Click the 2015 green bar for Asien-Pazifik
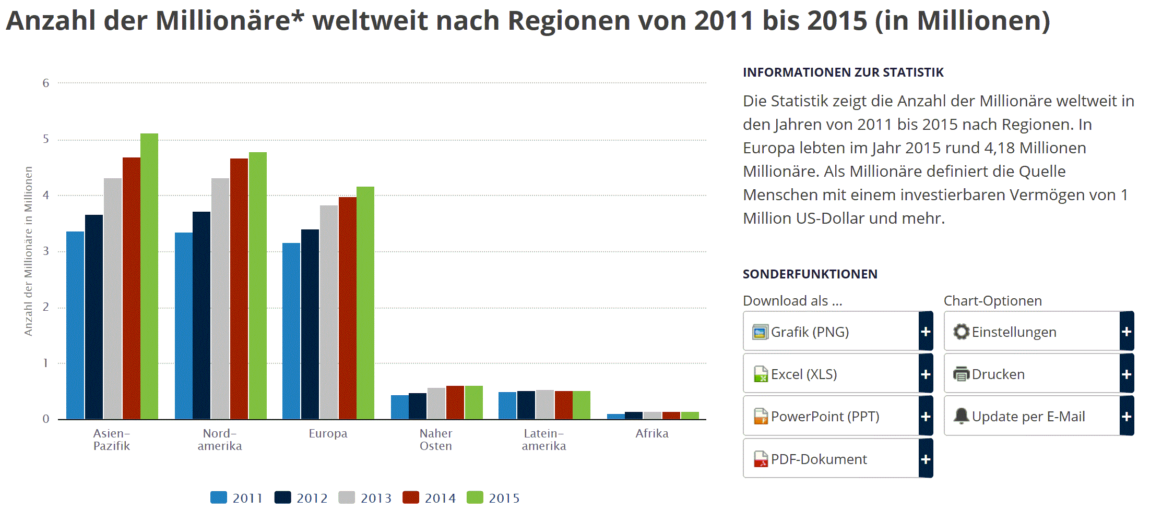(x=149, y=276)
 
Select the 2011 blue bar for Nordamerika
(x=183, y=326)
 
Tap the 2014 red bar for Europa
(x=348, y=308)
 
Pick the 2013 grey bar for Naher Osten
(x=436, y=404)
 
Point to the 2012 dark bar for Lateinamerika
(x=526, y=405)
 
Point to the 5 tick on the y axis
(x=46, y=139)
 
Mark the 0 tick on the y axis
(x=46, y=419)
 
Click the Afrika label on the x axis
(x=651, y=433)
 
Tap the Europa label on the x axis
(x=328, y=433)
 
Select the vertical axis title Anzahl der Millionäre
(x=28, y=251)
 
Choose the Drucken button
(x=1031, y=374)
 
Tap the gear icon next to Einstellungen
(x=961, y=332)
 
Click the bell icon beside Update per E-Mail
(x=961, y=416)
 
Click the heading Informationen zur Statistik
(x=843, y=72)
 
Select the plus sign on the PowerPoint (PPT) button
(x=926, y=416)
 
